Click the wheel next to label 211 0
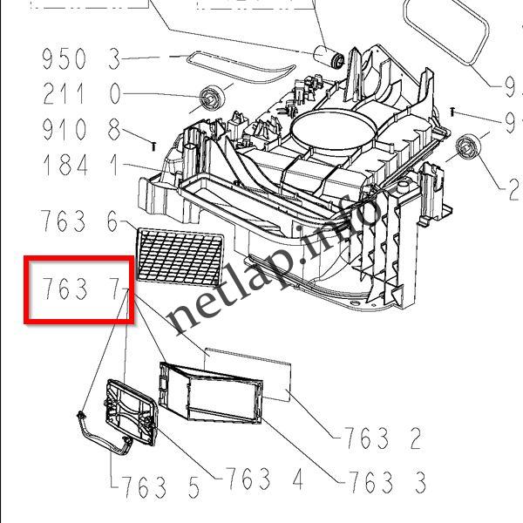(x=211, y=98)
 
